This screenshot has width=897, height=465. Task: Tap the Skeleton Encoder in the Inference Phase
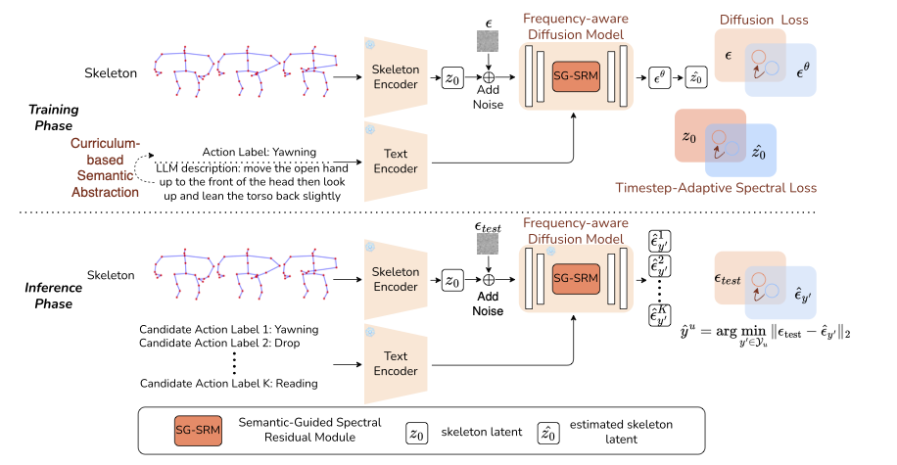pos(397,279)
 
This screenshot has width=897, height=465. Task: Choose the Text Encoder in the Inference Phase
pos(397,363)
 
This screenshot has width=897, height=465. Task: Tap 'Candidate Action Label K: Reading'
pos(230,383)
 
